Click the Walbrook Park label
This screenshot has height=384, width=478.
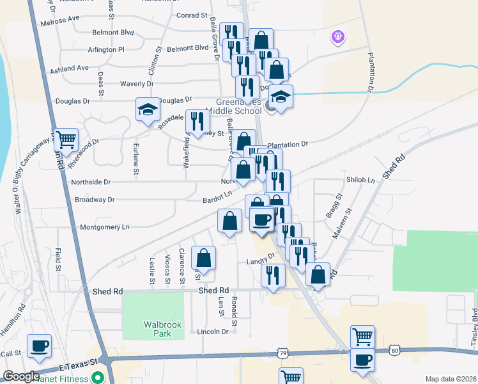click(163, 329)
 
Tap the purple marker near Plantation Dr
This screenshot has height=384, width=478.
click(338, 37)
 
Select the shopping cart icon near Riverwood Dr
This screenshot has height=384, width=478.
click(66, 139)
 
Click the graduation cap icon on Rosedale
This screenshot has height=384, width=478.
click(148, 109)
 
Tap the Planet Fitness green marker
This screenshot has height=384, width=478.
click(98, 377)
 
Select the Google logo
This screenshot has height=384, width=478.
click(21, 376)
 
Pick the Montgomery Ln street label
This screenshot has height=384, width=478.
click(105, 227)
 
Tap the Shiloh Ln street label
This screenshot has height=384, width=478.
click(360, 180)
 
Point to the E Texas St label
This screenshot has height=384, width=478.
click(76, 367)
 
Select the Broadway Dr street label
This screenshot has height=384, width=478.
click(95, 200)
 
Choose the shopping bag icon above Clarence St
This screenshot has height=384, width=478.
click(203, 259)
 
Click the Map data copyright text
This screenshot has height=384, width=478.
click(450, 379)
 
